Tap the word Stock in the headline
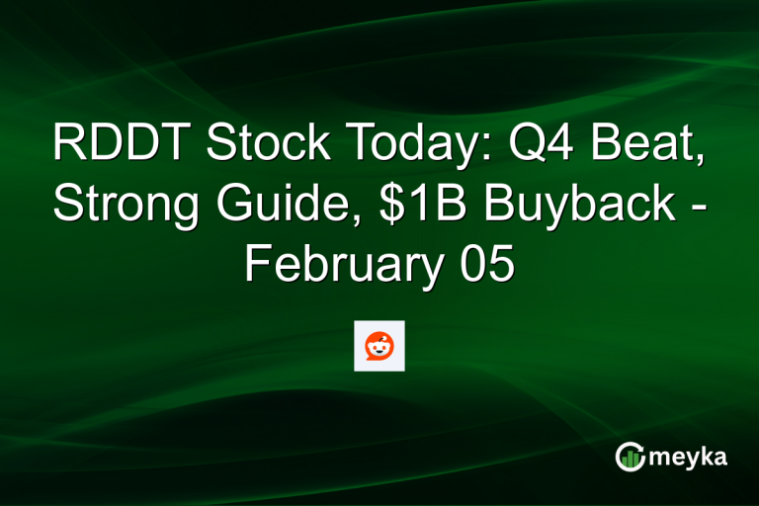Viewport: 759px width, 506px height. tap(254, 145)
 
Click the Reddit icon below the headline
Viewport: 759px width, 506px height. tap(379, 346)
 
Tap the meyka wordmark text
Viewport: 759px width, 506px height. tap(690, 458)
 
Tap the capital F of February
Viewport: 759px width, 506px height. tap(256, 267)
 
